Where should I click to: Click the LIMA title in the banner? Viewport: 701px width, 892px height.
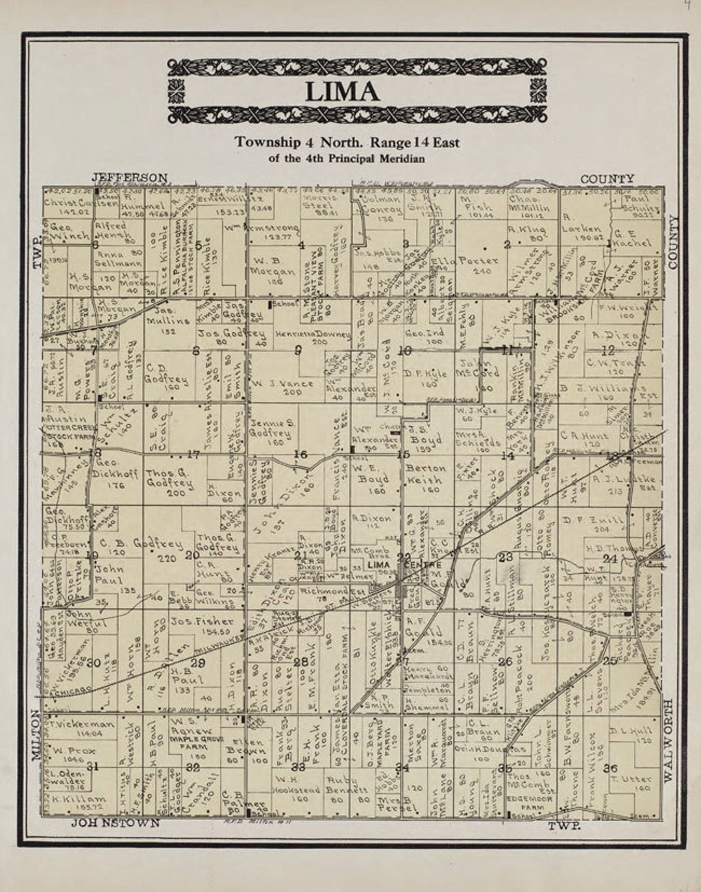[342, 92]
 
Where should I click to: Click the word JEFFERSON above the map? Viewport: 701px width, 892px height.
[129, 177]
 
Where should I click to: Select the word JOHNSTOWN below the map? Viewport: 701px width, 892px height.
[115, 823]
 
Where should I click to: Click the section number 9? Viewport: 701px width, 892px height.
[298, 351]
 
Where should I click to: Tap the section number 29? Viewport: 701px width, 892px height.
[197, 663]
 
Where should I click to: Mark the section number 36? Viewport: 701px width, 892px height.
[610, 768]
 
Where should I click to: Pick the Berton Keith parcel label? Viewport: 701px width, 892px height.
[426, 475]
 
